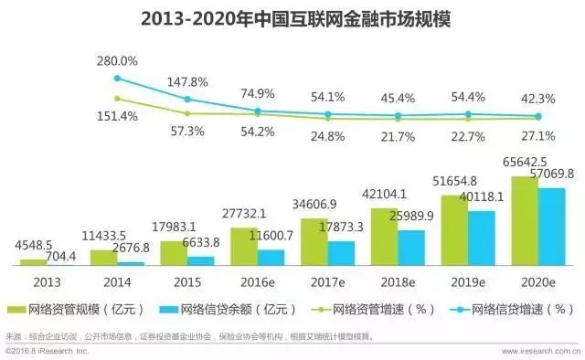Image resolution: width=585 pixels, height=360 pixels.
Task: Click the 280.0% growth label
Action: point(116,61)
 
